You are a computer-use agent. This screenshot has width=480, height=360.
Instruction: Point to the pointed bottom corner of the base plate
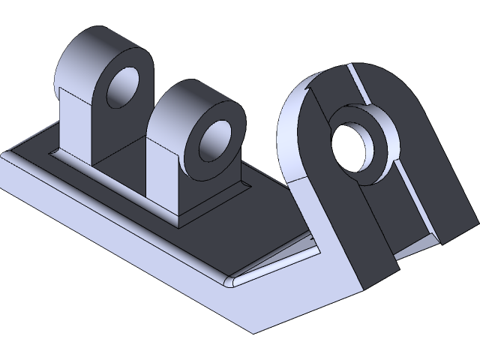(252, 331)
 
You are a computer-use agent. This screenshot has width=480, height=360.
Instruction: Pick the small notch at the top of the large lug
(307, 88)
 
